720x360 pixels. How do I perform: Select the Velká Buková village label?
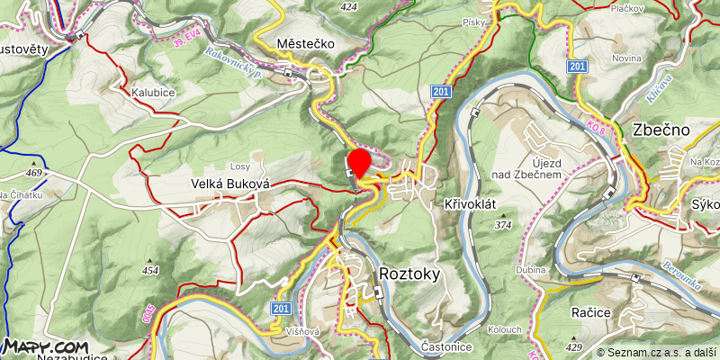(x=230, y=184)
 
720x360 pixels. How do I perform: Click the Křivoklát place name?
(x=471, y=204)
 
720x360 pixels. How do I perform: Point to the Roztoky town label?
(x=413, y=272)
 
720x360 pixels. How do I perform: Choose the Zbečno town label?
(x=661, y=130)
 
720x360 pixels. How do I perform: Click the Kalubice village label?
(x=152, y=93)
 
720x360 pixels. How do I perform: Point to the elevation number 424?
(x=349, y=7)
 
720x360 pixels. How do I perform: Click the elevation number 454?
(x=149, y=269)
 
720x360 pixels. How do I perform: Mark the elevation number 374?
(x=503, y=224)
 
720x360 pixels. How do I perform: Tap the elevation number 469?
(x=34, y=173)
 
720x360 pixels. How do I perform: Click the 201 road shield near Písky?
(x=440, y=92)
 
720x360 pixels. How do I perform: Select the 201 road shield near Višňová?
(x=281, y=309)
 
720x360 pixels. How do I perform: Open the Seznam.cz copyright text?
(x=656, y=352)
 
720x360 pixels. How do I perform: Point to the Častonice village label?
(x=447, y=346)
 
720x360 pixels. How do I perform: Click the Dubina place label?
(x=531, y=270)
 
